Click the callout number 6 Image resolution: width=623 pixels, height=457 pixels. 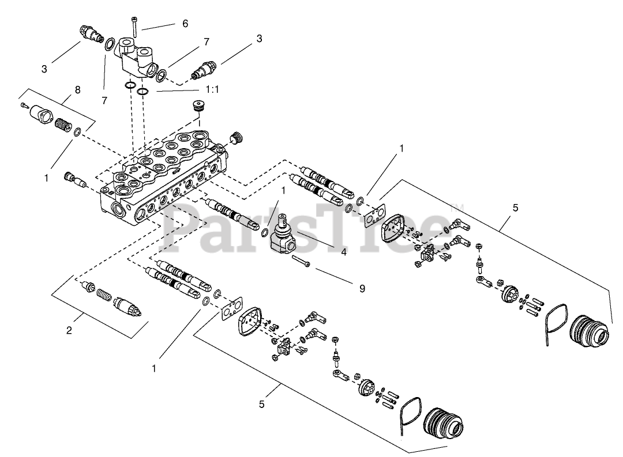(x=185, y=24)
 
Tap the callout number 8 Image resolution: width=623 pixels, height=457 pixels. (x=78, y=90)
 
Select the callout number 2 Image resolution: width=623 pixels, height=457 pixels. (x=69, y=330)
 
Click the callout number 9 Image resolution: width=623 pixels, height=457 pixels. (x=362, y=288)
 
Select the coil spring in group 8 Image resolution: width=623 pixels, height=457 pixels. (x=61, y=123)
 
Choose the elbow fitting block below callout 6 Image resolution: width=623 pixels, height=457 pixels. (x=137, y=57)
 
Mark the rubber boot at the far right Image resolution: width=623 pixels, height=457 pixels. (x=588, y=332)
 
